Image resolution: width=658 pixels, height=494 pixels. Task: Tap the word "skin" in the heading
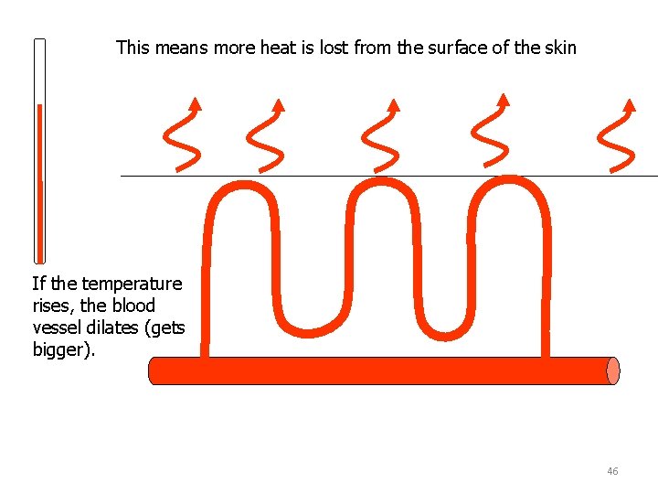pyautogui.click(x=560, y=48)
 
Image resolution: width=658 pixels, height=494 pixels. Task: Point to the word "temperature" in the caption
pyautogui.click(x=135, y=285)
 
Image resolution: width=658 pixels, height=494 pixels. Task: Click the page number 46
pyautogui.click(x=612, y=471)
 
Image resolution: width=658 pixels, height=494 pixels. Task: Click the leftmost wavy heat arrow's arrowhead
pyautogui.click(x=195, y=102)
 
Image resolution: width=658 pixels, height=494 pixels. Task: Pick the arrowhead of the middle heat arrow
pyautogui.click(x=394, y=103)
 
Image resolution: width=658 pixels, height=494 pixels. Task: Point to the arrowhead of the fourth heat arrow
pyautogui.click(x=503, y=99)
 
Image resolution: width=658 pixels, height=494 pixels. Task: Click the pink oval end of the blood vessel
pyautogui.click(x=612, y=370)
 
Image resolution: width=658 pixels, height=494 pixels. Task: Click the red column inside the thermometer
pyautogui.click(x=39, y=183)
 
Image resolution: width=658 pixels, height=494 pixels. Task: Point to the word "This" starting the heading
pyautogui.click(x=133, y=48)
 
